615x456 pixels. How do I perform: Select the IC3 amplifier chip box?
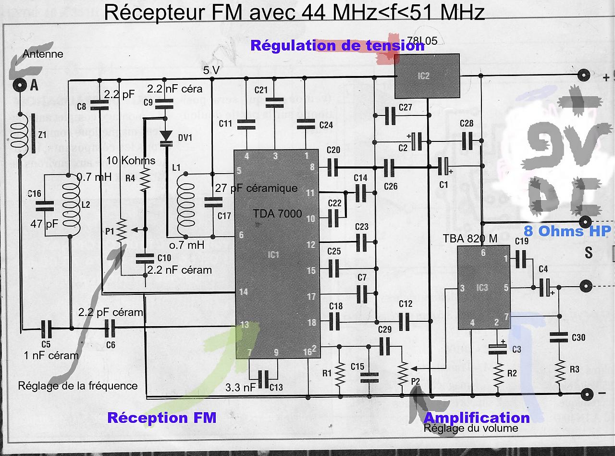tap(482, 287)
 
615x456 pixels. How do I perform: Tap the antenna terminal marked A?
tap(20, 85)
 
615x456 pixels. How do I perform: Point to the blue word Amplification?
tap(477, 418)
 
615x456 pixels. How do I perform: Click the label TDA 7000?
tap(277, 214)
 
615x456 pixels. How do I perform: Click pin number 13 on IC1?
tap(245, 325)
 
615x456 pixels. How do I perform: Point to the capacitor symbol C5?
tap(46, 329)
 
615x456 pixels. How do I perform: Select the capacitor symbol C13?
tap(263, 379)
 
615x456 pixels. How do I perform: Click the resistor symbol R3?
tap(559, 370)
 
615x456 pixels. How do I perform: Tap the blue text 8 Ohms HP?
tap(567, 231)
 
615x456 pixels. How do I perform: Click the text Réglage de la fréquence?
tap(78, 386)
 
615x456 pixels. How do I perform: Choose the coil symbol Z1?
tap(21, 135)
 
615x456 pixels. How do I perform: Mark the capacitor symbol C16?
tap(46, 206)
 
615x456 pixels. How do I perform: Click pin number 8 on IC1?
tap(312, 167)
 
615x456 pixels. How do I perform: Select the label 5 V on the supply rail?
tap(211, 71)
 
